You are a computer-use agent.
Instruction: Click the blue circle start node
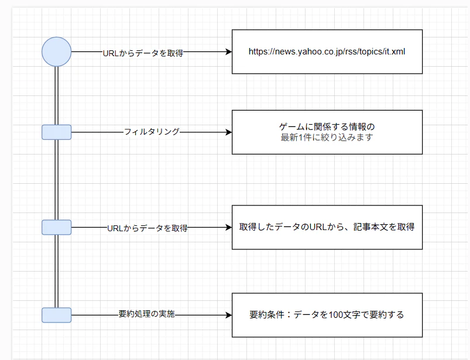tap(57, 52)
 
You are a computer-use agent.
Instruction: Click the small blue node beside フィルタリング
tap(57, 132)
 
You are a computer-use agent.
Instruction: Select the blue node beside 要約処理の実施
tap(57, 315)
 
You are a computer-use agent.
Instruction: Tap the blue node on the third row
tap(57, 227)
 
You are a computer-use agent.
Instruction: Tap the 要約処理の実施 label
tap(147, 315)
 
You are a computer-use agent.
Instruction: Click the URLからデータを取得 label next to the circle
tap(143, 53)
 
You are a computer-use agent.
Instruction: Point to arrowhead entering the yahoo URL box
tap(229, 52)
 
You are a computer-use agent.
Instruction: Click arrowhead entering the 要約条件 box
tap(229, 315)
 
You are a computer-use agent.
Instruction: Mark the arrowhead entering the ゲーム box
tap(229, 132)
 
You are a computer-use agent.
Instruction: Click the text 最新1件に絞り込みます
tap(327, 138)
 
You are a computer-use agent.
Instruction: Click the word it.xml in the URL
tap(394, 52)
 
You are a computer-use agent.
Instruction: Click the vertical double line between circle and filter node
tap(57, 97)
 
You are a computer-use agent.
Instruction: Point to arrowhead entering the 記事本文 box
tap(229, 227)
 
